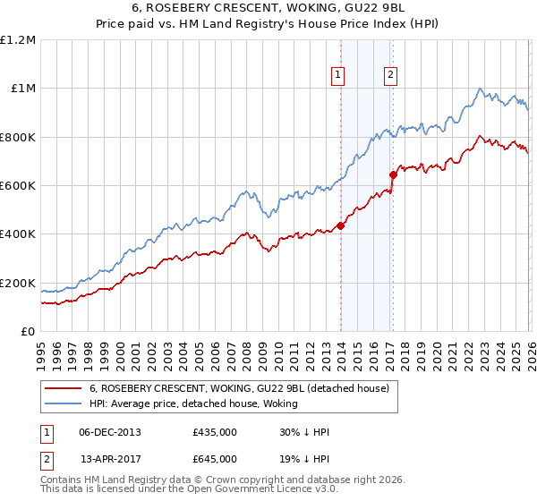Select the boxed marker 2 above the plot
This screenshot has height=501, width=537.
391,76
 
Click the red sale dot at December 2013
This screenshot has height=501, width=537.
340,225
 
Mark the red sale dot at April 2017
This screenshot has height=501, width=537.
393,174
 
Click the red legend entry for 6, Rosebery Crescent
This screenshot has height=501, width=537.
238,389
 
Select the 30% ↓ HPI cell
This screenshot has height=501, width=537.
304,432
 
